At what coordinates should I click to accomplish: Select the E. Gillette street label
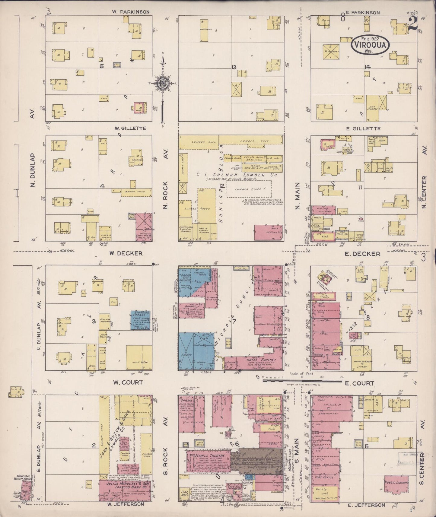(x=363, y=128)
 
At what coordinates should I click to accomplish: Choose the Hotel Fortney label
(x=253, y=360)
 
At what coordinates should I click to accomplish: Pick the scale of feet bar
(x=305, y=381)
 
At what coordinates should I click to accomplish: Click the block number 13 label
(x=234, y=67)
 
